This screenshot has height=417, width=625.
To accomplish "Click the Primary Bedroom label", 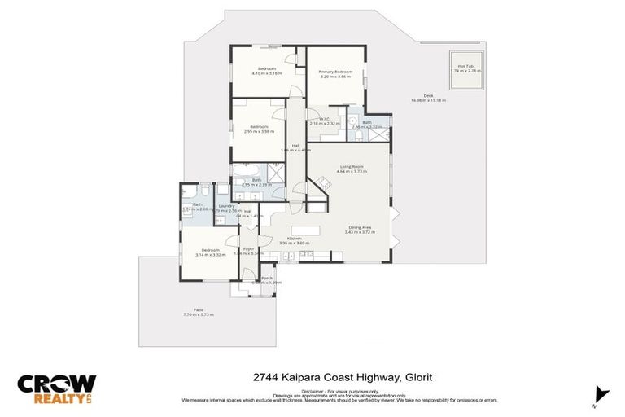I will click(x=334, y=72).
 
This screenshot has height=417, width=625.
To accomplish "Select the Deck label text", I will click(x=428, y=96).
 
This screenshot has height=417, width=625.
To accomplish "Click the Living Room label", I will click(x=352, y=168).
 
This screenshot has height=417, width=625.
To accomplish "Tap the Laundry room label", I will click(x=226, y=206).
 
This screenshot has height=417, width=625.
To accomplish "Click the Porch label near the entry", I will click(x=267, y=279).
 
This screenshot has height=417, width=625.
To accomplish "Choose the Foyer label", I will click(x=249, y=248).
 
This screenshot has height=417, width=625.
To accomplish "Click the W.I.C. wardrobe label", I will click(x=323, y=120).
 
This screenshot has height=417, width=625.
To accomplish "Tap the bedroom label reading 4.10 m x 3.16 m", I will click(x=267, y=72).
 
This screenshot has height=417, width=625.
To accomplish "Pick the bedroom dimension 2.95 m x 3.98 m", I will click(x=259, y=131).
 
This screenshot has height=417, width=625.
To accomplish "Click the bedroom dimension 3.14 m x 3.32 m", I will click(x=210, y=255).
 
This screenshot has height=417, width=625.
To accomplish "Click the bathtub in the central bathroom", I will click(x=246, y=171).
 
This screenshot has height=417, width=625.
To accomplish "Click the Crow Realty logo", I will click(x=57, y=389).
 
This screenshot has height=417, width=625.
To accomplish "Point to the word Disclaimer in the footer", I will click(x=312, y=391).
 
